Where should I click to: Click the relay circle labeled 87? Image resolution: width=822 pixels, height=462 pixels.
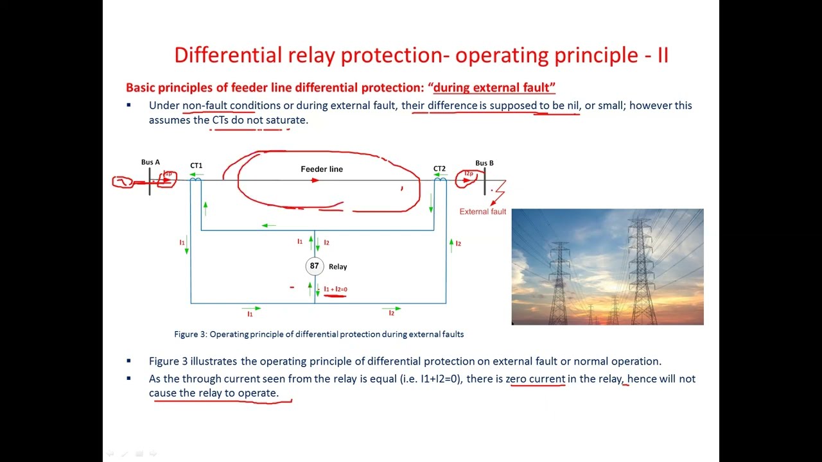click(314, 266)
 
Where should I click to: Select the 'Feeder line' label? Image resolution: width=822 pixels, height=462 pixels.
click(322, 169)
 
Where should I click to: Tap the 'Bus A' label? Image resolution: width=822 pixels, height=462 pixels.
click(150, 162)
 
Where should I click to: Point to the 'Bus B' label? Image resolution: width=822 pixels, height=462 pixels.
click(484, 163)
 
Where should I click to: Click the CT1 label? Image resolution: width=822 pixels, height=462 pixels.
click(196, 166)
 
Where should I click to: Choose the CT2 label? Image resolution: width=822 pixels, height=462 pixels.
click(439, 169)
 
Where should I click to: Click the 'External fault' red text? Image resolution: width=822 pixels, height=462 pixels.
click(482, 212)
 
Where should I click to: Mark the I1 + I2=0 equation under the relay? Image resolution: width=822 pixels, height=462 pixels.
click(335, 289)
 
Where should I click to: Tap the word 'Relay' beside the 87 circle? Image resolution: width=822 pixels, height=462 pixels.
click(338, 267)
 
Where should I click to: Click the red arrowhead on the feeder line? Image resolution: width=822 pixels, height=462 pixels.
click(315, 180)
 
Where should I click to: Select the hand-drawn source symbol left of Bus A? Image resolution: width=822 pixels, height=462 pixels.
click(123, 182)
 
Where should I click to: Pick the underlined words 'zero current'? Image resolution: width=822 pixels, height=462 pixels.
click(536, 379)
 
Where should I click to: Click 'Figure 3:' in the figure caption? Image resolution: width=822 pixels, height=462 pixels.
click(191, 334)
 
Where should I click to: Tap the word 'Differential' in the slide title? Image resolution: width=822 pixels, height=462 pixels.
click(222, 55)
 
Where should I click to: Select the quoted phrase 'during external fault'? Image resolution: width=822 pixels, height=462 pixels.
click(494, 87)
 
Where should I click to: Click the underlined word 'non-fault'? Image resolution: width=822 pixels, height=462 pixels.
click(204, 105)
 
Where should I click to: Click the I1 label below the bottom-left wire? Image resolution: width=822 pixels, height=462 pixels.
click(250, 314)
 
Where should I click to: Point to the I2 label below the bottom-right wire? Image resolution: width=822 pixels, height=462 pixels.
click(391, 313)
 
